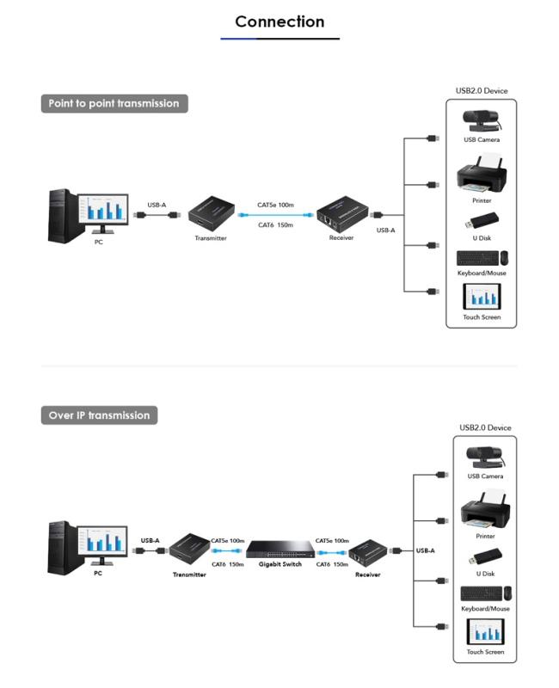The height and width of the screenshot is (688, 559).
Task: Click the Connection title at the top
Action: (279, 21)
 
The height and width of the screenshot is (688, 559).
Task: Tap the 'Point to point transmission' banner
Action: (114, 103)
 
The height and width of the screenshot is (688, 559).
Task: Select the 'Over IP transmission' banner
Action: (99, 415)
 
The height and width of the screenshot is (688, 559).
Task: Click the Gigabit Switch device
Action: (280, 549)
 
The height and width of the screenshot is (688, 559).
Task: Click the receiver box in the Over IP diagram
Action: (368, 554)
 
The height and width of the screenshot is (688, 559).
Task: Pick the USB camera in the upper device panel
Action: (482, 120)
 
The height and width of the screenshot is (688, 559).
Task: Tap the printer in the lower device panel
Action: (485, 510)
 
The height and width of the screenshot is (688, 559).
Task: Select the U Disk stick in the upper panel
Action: (482, 221)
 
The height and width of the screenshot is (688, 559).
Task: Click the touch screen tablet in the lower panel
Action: (485, 631)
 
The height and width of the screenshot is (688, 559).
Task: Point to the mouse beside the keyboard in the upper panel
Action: (505, 257)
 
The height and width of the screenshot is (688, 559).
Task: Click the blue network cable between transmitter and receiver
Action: (275, 215)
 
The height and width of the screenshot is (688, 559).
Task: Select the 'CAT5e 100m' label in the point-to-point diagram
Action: (275, 205)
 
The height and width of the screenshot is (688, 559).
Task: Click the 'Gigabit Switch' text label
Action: (280, 564)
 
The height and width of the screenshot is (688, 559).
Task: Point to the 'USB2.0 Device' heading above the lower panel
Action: (485, 427)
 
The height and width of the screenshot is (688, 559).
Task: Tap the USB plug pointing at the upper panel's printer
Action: (433, 185)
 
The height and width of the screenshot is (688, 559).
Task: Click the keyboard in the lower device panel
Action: (482, 593)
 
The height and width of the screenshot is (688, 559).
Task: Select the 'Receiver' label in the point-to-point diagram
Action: (341, 238)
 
